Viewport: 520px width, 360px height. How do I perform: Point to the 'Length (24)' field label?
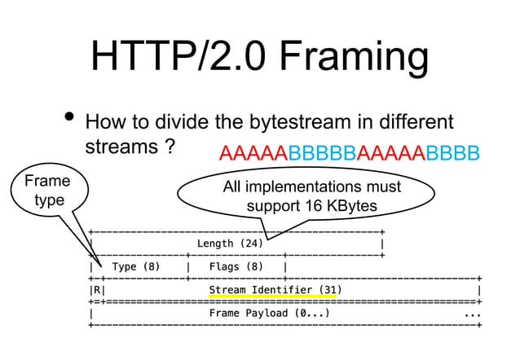coord(230,243)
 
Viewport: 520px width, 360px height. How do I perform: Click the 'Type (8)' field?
coord(136,266)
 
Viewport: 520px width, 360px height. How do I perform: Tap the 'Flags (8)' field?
coord(236,266)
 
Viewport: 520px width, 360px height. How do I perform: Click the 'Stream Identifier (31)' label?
coord(275,289)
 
